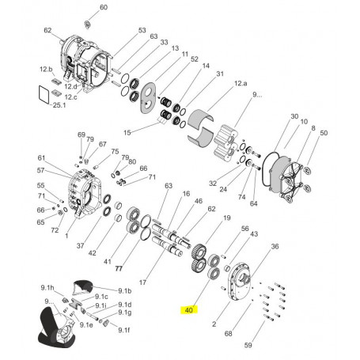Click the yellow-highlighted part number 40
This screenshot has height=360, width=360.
point(188,310)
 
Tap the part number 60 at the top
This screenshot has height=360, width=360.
point(104,7)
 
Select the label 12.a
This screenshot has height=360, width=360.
point(241,83)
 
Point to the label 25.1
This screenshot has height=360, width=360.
point(59,105)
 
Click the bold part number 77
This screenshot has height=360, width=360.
point(119,268)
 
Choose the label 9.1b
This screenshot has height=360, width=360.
point(125,291)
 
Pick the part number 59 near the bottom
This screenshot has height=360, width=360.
point(248,345)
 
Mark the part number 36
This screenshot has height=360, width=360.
point(275,246)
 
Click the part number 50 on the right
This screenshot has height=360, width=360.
point(324,133)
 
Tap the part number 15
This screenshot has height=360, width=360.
point(127,133)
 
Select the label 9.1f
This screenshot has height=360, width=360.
point(124,330)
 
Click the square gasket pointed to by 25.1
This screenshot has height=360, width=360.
point(44,94)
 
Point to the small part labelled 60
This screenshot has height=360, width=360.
point(88,25)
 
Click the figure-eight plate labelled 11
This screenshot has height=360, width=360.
point(148,98)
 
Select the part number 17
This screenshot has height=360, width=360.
point(142,282)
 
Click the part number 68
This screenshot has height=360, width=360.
point(228,333)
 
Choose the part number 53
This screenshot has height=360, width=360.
point(142,30)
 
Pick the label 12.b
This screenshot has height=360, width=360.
point(46,69)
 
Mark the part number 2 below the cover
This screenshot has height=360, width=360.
point(214,324)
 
